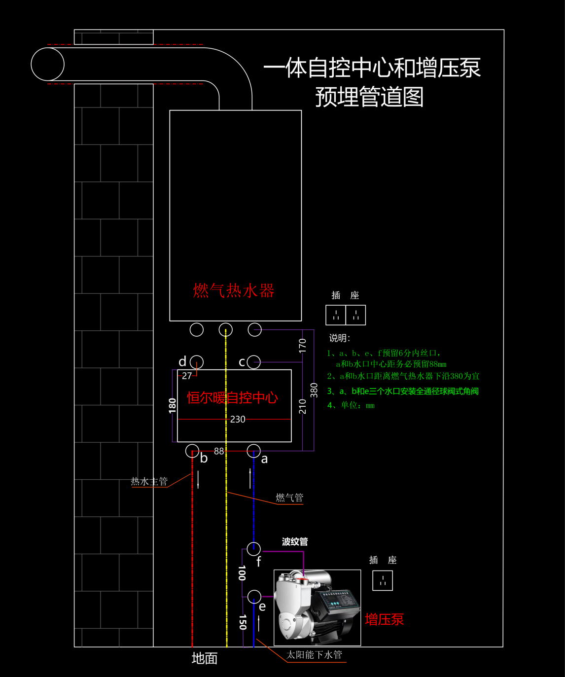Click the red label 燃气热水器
click(x=233, y=290)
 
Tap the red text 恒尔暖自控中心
click(x=232, y=397)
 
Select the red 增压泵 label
click(x=384, y=619)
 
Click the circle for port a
click(x=253, y=451)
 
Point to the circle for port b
click(x=192, y=451)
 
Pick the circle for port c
click(x=254, y=362)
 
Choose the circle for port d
click(x=197, y=362)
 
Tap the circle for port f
click(x=254, y=548)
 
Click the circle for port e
click(x=254, y=597)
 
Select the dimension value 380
click(x=314, y=390)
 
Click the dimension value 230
click(x=238, y=419)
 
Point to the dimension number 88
click(x=219, y=451)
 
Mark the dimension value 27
click(x=187, y=376)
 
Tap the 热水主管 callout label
click(x=149, y=481)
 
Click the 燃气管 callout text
click(x=289, y=498)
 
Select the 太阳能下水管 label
click(x=314, y=654)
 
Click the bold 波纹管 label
click(x=295, y=541)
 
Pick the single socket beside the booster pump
click(x=382, y=580)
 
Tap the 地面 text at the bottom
click(x=204, y=658)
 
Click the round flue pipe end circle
click(x=48, y=65)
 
